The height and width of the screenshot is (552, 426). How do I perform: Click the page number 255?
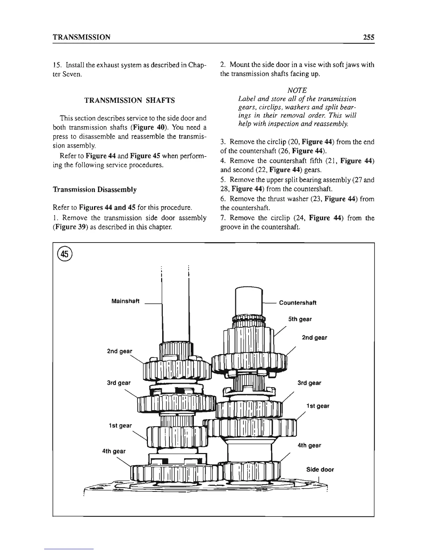(367, 37)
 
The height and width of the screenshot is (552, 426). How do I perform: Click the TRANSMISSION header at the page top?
(81, 37)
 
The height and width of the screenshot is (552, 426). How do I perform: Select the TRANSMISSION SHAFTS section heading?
(130, 101)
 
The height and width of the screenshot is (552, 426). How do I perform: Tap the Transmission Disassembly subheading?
(94, 190)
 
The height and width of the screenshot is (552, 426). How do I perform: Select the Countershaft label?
(298, 302)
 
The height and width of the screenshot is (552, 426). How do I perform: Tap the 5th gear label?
(300, 319)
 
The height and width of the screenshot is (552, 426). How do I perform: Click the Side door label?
(320, 469)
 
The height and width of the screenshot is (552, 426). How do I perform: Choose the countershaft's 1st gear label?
(317, 406)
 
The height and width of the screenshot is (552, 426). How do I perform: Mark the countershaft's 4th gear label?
(309, 445)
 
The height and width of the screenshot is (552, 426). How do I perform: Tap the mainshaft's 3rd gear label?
(119, 383)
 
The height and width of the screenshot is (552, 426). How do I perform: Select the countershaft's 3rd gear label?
(309, 383)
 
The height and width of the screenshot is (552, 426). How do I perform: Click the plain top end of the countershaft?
(248, 300)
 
